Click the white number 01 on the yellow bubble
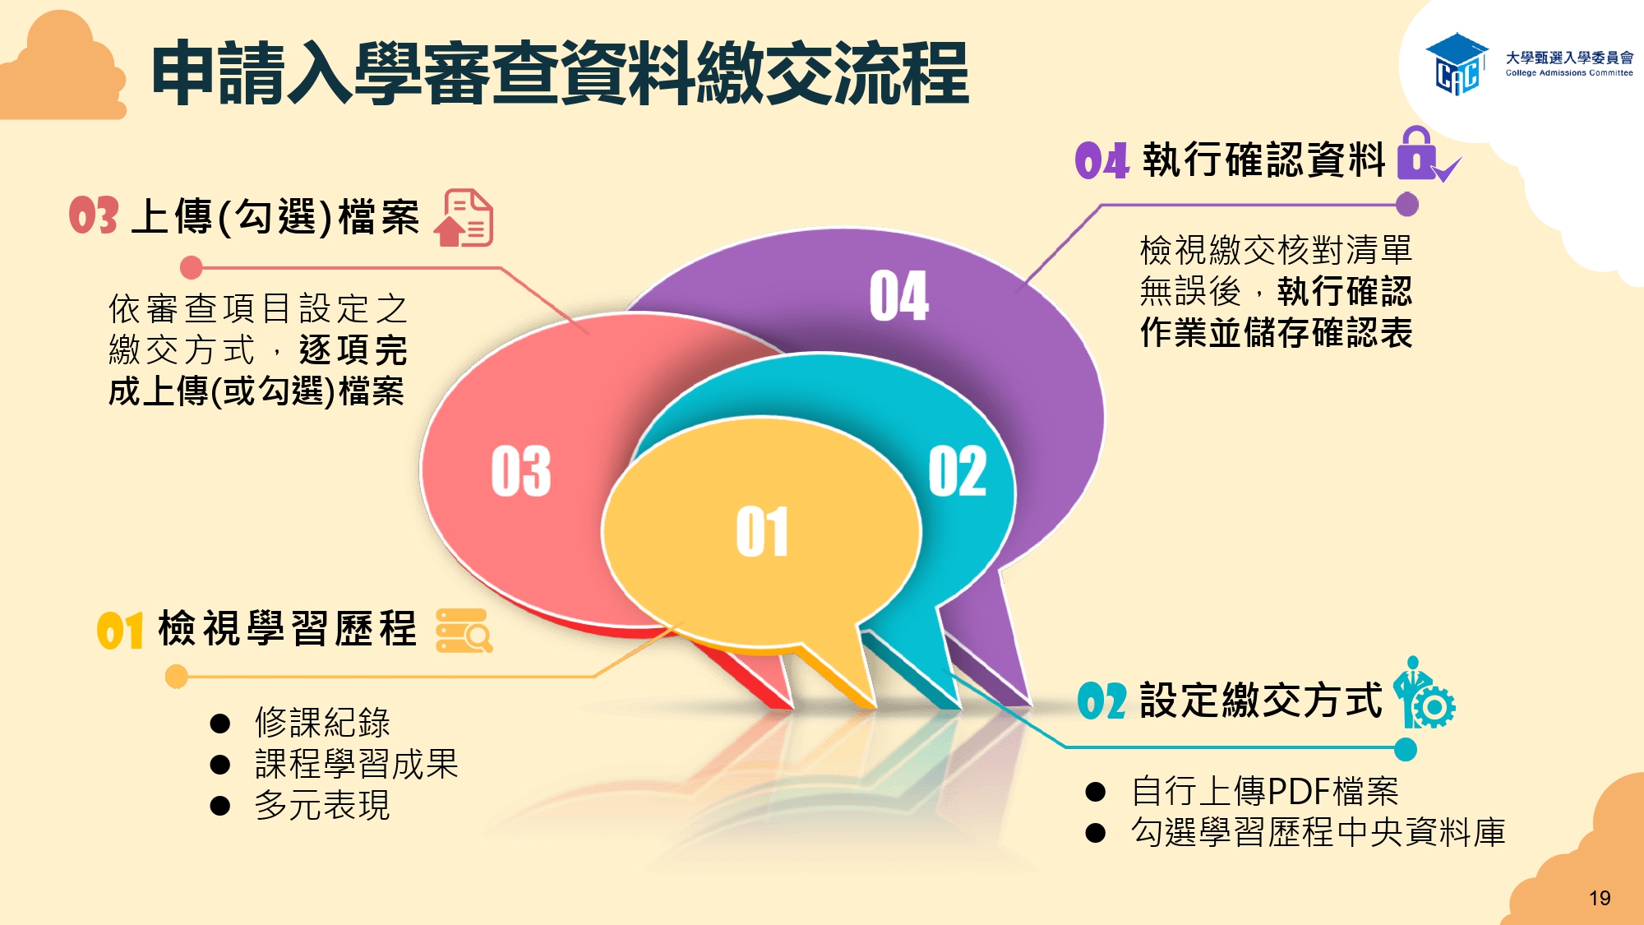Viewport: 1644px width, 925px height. tap(762, 532)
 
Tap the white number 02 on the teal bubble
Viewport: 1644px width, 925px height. tap(958, 471)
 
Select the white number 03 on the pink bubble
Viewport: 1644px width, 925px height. tap(521, 471)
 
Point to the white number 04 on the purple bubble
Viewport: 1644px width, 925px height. tap(899, 295)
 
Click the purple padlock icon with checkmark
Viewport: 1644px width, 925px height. tap(1429, 155)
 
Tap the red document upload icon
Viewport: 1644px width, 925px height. tap(464, 218)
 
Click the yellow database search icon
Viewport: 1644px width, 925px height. tap(464, 631)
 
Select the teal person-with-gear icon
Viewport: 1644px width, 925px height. tap(1424, 692)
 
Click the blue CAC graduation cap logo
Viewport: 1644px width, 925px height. tap(1457, 64)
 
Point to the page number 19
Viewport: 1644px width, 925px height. tap(1600, 898)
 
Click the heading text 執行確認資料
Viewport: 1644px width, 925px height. tap(1263, 160)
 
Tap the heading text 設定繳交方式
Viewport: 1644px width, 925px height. tap(1261, 701)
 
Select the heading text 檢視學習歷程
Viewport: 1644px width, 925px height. tap(287, 629)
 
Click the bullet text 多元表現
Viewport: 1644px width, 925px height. tap(322, 805)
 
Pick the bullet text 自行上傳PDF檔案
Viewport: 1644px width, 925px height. tap(1264, 791)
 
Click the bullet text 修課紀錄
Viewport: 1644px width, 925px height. tap(322, 722)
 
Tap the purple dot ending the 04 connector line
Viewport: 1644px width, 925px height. tap(1407, 204)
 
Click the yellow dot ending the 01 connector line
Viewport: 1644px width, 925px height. tap(177, 677)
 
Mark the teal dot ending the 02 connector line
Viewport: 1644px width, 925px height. tap(1406, 749)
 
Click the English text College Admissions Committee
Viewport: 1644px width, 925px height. tap(1569, 73)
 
